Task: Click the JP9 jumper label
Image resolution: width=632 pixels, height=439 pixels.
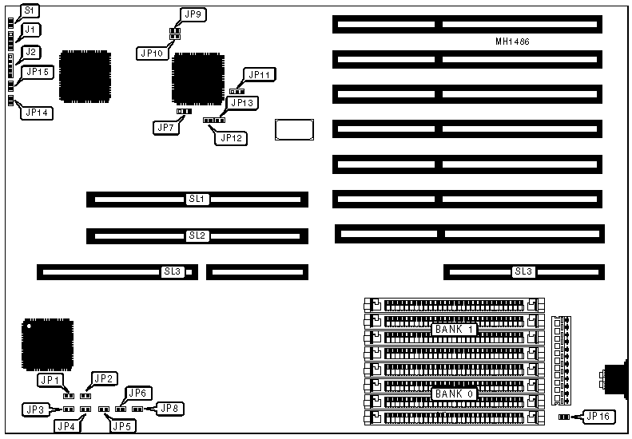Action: pyautogui.click(x=193, y=14)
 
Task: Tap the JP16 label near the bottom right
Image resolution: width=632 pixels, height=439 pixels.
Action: pyautogui.click(x=600, y=415)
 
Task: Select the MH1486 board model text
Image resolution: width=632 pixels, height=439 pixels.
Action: pyautogui.click(x=513, y=41)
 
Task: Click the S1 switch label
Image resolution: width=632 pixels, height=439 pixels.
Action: pyautogui.click(x=29, y=10)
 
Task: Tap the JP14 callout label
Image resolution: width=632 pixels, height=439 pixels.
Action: pyautogui.click(x=38, y=113)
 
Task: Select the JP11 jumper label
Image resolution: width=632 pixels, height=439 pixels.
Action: pyautogui.click(x=260, y=75)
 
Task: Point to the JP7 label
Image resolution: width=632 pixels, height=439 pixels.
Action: pyautogui.click(x=165, y=126)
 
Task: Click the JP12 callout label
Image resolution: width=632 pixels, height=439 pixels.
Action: pyautogui.click(x=230, y=138)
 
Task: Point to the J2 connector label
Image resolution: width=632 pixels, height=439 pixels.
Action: pyautogui.click(x=30, y=52)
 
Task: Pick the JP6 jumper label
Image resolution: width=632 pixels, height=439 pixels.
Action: pyautogui.click(x=137, y=393)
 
